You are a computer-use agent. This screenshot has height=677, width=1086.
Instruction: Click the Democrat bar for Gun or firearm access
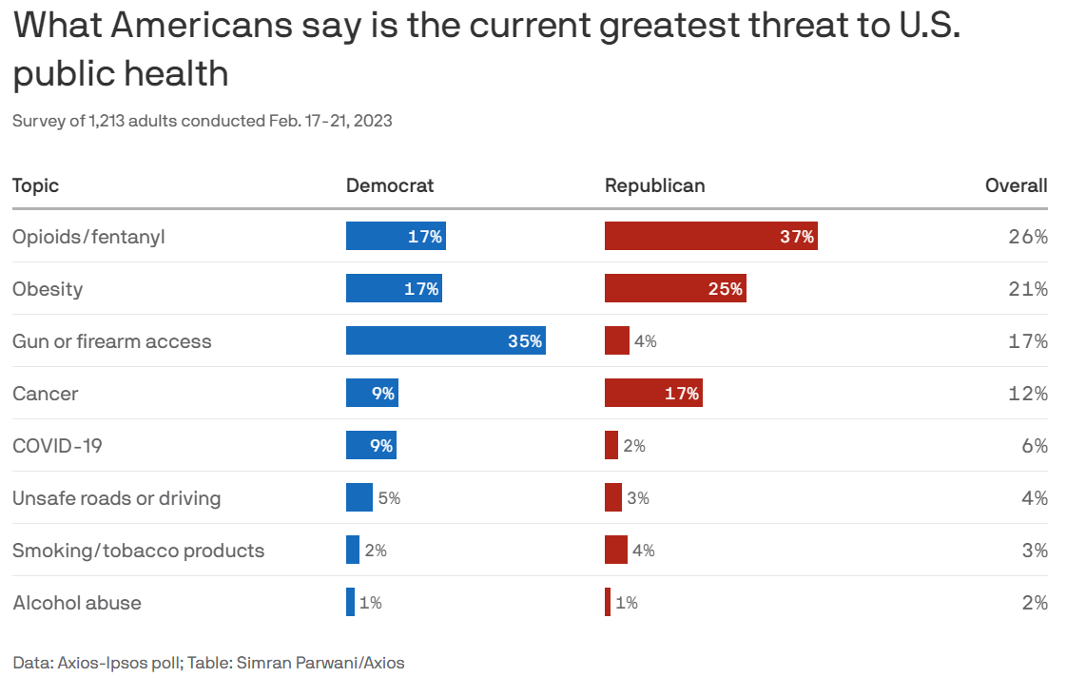click(x=445, y=340)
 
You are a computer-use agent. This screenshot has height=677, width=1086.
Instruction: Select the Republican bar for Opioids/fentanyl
click(x=710, y=236)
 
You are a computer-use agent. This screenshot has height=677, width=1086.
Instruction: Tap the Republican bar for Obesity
click(x=675, y=288)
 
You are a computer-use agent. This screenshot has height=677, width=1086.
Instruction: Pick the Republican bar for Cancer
click(x=653, y=393)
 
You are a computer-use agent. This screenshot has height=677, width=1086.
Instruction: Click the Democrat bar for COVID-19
click(x=371, y=445)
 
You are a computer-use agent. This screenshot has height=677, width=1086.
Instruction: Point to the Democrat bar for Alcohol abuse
click(x=350, y=602)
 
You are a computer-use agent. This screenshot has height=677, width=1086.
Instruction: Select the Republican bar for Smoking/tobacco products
click(x=616, y=550)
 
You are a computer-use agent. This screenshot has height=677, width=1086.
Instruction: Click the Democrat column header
click(x=390, y=185)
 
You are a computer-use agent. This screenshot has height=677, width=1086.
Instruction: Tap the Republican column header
click(x=655, y=185)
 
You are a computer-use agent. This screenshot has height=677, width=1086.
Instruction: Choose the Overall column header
click(x=1016, y=185)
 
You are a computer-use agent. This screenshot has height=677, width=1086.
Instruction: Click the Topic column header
click(x=35, y=185)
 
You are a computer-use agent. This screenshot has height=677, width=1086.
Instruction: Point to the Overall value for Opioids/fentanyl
click(x=1028, y=237)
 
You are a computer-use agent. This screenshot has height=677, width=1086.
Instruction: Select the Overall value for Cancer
click(x=1028, y=394)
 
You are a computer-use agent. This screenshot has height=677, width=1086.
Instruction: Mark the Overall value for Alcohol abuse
click(x=1034, y=603)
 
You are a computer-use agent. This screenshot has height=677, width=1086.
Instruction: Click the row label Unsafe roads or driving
click(x=116, y=498)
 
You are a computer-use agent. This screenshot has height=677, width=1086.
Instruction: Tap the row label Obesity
click(x=48, y=289)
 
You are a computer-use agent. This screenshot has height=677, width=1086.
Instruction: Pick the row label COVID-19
click(x=58, y=446)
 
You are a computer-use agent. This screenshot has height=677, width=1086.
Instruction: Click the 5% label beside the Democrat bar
click(x=389, y=498)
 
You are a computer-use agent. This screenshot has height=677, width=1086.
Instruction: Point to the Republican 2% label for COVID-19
click(x=634, y=446)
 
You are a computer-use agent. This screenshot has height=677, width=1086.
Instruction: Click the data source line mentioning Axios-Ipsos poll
click(x=208, y=663)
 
